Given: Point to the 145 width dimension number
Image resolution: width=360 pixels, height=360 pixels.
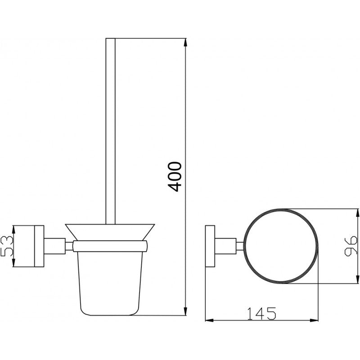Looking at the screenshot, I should pyautogui.click(x=261, y=312).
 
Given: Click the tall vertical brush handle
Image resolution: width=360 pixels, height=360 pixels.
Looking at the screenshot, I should pyautogui.click(x=110, y=130).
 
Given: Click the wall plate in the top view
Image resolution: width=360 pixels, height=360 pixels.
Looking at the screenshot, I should pyautogui.click(x=210, y=246).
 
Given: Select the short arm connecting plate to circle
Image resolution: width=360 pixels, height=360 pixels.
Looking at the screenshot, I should pyautogui.click(x=230, y=246).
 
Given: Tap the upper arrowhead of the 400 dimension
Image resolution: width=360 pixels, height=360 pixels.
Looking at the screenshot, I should pyautogui.click(x=185, y=42).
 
